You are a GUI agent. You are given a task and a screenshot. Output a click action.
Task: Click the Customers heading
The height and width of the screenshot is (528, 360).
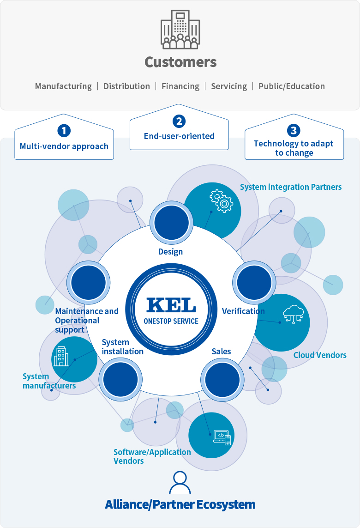(x=180, y=62)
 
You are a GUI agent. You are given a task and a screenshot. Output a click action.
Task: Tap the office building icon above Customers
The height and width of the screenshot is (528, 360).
(x=180, y=29)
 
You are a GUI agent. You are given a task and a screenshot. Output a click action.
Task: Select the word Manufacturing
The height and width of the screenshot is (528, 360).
(x=63, y=86)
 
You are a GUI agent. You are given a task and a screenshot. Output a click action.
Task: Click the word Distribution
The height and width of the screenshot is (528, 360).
(x=126, y=86)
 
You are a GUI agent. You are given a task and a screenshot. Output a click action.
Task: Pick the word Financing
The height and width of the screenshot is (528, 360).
(x=180, y=86)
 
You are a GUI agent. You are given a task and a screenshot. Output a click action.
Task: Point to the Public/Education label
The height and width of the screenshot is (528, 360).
(x=291, y=86)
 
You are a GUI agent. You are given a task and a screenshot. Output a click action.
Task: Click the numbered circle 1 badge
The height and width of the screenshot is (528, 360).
(x=64, y=131)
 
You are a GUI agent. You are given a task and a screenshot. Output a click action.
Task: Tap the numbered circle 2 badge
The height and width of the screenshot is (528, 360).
(x=179, y=121)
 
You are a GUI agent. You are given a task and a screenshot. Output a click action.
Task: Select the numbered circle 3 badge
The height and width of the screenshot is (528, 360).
(x=294, y=130)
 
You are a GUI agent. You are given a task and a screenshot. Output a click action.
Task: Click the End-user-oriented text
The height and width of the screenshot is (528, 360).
(x=179, y=136)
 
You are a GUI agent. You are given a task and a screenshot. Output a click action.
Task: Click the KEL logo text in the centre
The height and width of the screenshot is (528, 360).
(x=171, y=305)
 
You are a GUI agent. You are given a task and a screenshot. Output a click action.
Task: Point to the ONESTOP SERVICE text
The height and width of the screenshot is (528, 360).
(x=171, y=321)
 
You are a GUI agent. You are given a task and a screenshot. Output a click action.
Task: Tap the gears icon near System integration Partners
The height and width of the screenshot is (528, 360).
(x=222, y=201)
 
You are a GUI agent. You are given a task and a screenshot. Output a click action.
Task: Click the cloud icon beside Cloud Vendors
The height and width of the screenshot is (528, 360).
(x=294, y=314)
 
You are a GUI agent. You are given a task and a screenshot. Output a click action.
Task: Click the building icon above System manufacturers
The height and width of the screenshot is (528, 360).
(x=61, y=356)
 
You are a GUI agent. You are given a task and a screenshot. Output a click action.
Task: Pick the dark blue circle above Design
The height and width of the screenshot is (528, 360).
(x=171, y=223)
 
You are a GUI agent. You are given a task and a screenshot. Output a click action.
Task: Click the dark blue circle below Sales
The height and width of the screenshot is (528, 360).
(x=222, y=380)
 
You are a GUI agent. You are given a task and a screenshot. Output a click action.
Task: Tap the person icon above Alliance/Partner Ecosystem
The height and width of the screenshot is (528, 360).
(x=180, y=483)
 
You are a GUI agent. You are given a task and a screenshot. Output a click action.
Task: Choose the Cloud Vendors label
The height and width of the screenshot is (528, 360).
(x=320, y=355)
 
